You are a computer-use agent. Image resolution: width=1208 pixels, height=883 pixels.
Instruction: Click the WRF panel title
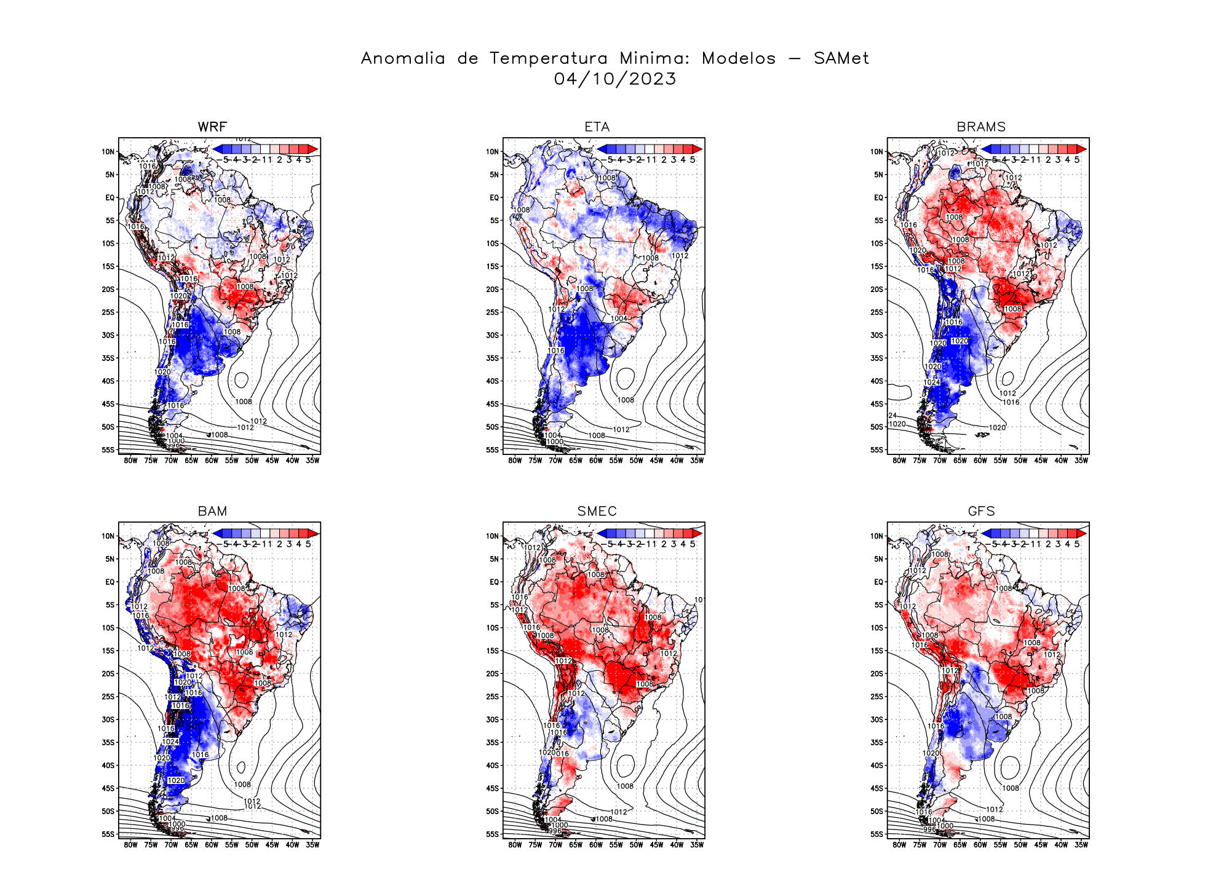(x=212, y=127)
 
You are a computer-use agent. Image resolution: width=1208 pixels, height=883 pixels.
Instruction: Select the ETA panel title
(x=597, y=127)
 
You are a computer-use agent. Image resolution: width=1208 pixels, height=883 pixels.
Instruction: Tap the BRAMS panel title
(x=981, y=127)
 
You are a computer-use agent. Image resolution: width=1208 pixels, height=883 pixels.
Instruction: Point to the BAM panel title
(x=212, y=511)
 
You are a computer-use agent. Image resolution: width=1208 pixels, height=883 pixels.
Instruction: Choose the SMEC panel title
(x=597, y=511)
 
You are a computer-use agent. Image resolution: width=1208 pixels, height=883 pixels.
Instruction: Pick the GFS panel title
(x=981, y=511)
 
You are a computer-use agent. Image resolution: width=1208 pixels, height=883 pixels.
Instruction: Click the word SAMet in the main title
(x=841, y=58)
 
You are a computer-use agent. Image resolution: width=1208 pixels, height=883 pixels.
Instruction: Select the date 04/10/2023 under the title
(x=615, y=79)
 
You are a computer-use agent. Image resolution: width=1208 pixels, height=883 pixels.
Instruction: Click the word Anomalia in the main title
(x=403, y=58)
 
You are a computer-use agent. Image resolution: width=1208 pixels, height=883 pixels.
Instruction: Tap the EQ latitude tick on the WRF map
(x=110, y=198)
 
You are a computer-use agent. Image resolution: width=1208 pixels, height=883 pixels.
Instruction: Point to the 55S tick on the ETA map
(x=493, y=450)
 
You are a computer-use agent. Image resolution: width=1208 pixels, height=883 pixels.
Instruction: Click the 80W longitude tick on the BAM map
(x=130, y=845)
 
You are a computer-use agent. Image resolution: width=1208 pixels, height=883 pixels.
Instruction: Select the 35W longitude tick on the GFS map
(x=1081, y=845)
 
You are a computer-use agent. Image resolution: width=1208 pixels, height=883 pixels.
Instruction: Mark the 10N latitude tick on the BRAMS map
(x=876, y=152)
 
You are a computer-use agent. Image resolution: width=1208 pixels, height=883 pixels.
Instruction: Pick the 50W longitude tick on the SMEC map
(x=636, y=845)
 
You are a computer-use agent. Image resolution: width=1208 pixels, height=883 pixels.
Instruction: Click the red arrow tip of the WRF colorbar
(x=313, y=149)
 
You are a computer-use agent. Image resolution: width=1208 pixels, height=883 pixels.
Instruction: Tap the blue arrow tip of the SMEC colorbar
(x=602, y=534)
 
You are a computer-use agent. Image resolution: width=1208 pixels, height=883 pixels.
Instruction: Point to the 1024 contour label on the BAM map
(x=170, y=742)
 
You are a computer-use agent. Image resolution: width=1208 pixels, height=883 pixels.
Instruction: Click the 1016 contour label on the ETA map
(x=556, y=350)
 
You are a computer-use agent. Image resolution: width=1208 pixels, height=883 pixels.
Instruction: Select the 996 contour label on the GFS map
(x=929, y=830)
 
